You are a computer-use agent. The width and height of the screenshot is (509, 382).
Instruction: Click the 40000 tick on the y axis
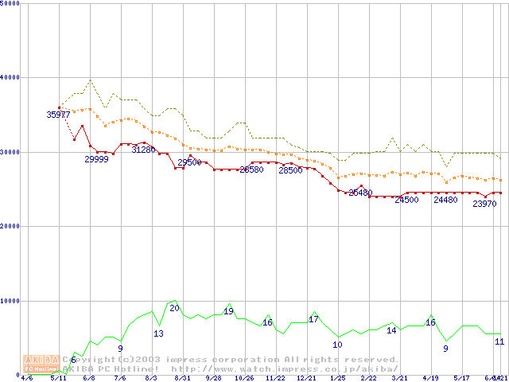tap(10, 77)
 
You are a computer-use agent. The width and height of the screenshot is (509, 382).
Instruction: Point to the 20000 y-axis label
tap(10, 226)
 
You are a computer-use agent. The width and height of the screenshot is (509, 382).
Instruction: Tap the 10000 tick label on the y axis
tap(10, 301)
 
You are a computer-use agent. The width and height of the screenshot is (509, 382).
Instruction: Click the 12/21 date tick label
tap(306, 378)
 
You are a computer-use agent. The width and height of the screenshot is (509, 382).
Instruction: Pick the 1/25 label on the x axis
tap(337, 378)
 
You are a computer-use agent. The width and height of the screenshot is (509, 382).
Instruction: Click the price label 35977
tap(58, 115)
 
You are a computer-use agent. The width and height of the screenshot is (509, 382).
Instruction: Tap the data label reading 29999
tap(97, 160)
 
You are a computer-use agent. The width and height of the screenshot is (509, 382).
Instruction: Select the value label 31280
tap(143, 150)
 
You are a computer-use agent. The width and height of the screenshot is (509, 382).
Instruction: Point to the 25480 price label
tap(360, 193)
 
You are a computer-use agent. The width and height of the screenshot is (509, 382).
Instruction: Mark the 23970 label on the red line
tap(484, 205)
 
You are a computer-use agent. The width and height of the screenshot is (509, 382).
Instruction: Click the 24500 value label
tap(406, 200)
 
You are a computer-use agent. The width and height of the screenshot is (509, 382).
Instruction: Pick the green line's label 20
tap(174, 308)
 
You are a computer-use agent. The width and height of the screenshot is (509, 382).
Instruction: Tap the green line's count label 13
tap(158, 333)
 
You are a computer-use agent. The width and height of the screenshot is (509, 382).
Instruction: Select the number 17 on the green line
tap(313, 319)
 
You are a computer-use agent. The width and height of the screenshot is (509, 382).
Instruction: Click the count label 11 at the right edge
tap(499, 341)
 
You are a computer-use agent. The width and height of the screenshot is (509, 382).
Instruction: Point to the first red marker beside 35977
tap(60, 107)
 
